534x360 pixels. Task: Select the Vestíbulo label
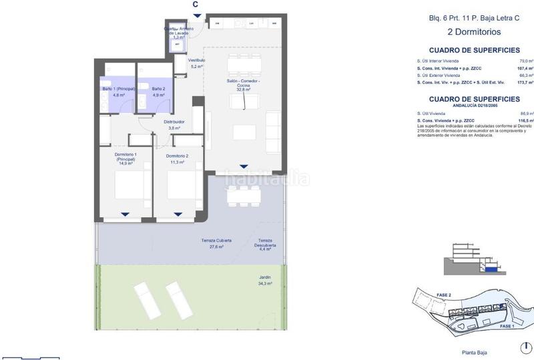click(196, 63)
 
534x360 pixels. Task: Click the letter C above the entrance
click(196, 5)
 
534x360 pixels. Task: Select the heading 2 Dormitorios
click(473, 31)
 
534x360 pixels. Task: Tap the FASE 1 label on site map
click(507, 326)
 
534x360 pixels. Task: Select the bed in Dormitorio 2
click(180, 187)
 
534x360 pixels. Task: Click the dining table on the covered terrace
click(242, 196)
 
